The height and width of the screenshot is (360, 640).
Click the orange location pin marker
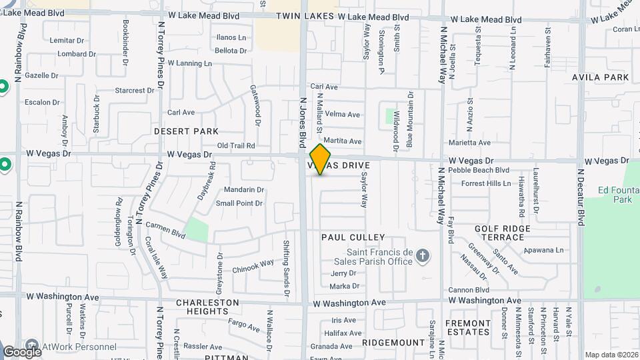(x=321, y=159)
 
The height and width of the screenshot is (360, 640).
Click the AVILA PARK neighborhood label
(x=600, y=77)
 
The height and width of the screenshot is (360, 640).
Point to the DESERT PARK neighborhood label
(x=186, y=131)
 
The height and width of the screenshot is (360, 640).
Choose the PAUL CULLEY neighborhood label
(x=353, y=237)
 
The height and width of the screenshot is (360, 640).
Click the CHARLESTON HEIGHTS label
(x=207, y=307)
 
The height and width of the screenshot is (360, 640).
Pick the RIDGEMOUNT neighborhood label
(x=393, y=342)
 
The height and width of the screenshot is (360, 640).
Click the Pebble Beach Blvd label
(x=479, y=171)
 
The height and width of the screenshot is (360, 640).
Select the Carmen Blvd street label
(x=165, y=230)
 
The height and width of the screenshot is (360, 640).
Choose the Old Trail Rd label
(x=236, y=145)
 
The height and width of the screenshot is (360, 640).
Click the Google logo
(x=22, y=351)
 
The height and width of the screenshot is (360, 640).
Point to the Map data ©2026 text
(x=611, y=355)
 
